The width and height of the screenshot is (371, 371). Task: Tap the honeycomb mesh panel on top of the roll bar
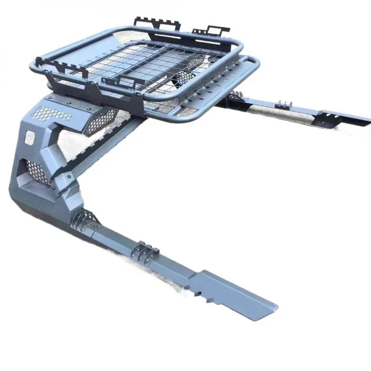pyautogui.click(x=51, y=113)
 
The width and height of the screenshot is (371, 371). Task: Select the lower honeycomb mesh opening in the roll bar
pyautogui.click(x=37, y=170)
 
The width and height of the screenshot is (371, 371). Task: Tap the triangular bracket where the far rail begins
pyautogui.click(x=234, y=97)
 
